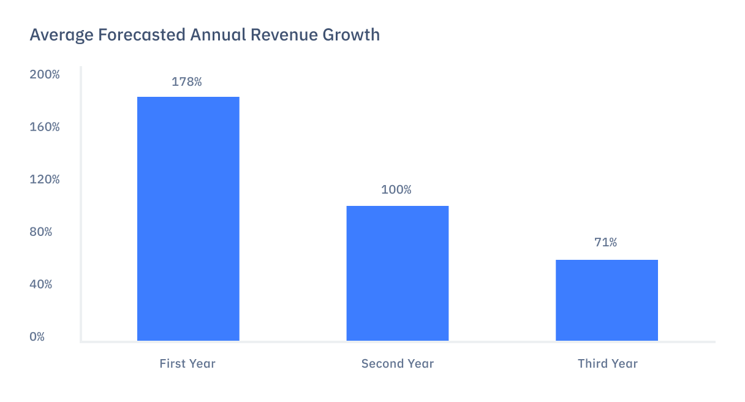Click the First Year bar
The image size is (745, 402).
188,219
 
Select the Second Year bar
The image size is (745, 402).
398,273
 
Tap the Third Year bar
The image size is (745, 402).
607,300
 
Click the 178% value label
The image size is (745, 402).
187,82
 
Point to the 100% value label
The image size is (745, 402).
396,190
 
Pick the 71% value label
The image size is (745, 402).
605,243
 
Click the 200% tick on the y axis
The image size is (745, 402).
45,75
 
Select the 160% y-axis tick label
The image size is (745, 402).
45,127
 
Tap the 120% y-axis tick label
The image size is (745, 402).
45,180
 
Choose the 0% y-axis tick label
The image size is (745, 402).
37,337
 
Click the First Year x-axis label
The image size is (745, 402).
187,363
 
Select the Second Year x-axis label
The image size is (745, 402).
398,363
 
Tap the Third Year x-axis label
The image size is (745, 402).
608,363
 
